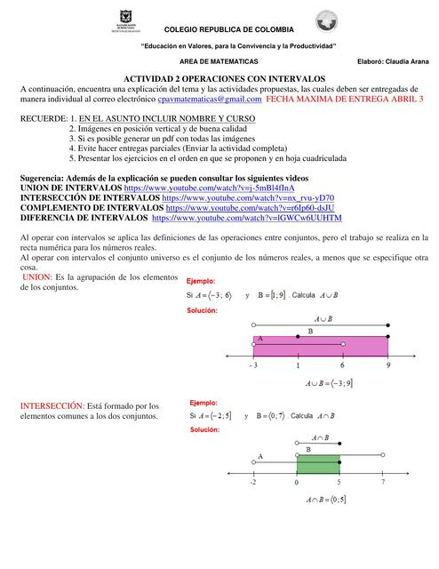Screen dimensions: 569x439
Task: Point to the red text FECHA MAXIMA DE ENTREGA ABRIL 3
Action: tap(346, 100)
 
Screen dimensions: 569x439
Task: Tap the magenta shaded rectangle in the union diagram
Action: tap(321, 343)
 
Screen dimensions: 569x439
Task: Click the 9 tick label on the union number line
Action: tap(387, 365)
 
